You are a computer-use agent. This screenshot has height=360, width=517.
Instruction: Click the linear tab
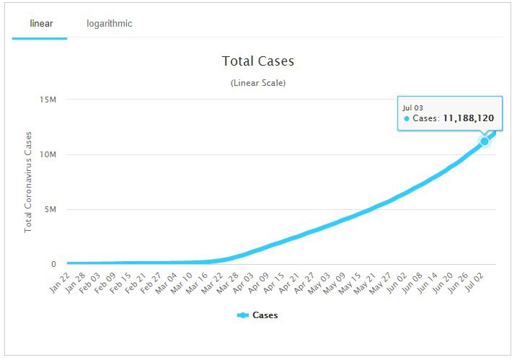click(40, 24)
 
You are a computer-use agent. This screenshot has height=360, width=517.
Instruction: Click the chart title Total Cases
click(258, 61)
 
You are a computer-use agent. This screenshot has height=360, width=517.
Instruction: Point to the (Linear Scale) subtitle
click(258, 83)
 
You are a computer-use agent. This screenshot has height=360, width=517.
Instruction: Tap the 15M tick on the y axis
click(47, 100)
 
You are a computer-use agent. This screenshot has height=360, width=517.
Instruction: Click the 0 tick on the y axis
click(53, 264)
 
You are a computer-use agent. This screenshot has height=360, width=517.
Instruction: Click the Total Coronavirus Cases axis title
click(29, 181)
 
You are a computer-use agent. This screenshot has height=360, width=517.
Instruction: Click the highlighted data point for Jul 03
click(485, 141)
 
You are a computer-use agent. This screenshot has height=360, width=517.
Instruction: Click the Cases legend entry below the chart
click(257, 315)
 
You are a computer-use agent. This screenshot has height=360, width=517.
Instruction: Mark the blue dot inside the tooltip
click(407, 118)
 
